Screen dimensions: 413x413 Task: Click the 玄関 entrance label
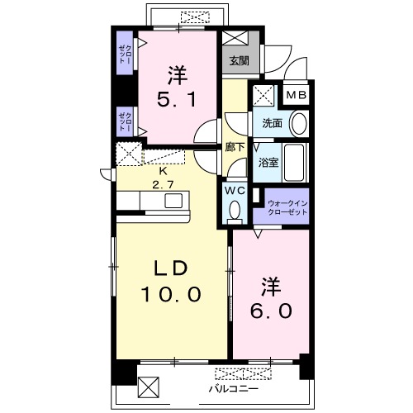(x=240, y=60)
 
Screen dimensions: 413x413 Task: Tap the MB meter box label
(x=297, y=95)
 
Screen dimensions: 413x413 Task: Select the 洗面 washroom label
(x=272, y=123)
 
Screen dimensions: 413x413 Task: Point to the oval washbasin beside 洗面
(x=299, y=123)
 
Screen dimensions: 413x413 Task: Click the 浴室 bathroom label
(x=268, y=163)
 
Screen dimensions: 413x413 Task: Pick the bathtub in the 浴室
(x=294, y=163)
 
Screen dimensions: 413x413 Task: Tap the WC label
(x=235, y=190)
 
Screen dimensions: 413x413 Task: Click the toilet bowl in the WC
(x=235, y=209)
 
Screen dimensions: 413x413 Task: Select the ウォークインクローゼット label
(x=287, y=208)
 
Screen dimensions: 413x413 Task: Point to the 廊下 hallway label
(x=235, y=147)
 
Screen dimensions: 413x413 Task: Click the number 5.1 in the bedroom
(x=177, y=99)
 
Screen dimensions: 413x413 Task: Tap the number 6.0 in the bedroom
(x=271, y=311)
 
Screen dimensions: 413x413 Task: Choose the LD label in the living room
(x=171, y=268)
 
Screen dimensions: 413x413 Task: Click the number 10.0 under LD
(x=171, y=294)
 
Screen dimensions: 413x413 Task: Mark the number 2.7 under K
(x=163, y=184)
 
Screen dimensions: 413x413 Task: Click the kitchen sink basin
(x=173, y=201)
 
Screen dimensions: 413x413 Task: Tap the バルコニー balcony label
(x=234, y=389)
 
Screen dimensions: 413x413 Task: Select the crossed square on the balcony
(x=149, y=387)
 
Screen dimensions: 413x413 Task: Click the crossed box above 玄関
(x=235, y=38)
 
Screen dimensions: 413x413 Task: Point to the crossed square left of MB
(x=263, y=96)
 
